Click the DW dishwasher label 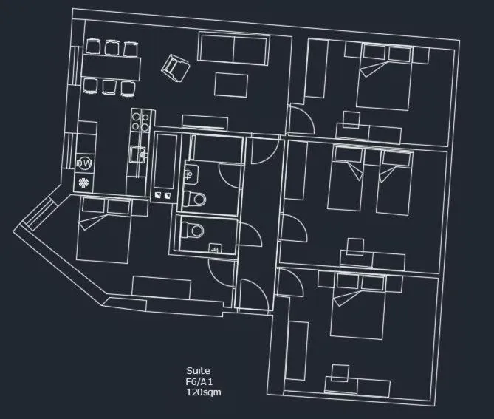[x=84, y=163]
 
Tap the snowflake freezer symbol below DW [x=84, y=182]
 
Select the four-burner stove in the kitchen [x=141, y=121]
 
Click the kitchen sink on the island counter [x=137, y=154]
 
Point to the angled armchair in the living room [x=176, y=68]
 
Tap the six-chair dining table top [x=111, y=67]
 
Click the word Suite [x=198, y=371]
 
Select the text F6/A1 [x=199, y=382]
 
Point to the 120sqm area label [x=203, y=392]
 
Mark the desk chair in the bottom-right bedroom [x=340, y=372]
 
